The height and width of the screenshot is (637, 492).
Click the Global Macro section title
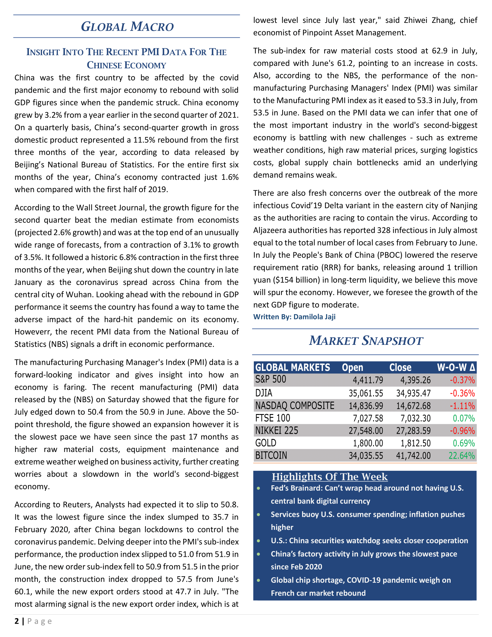point(127,27)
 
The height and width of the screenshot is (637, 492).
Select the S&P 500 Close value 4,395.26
point(413,380)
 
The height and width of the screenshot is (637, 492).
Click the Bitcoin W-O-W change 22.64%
point(462,455)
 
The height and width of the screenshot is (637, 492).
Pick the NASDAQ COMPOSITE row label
point(295,406)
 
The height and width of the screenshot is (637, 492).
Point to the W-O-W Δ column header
point(456,367)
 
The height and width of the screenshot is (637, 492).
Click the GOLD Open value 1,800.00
point(368,443)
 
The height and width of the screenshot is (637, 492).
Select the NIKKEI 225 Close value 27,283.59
point(413,431)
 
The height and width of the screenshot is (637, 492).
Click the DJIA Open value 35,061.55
point(366,393)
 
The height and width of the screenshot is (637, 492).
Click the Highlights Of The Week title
point(330,477)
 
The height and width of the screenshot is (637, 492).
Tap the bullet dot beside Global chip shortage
point(258,580)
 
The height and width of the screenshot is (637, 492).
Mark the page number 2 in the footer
point(17,621)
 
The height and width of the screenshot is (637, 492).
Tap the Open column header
point(353,367)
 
